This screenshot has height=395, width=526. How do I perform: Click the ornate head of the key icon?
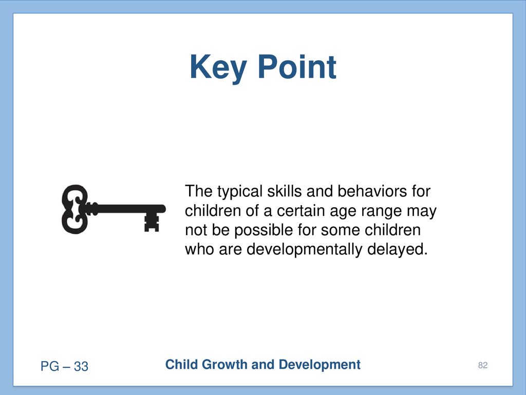75,209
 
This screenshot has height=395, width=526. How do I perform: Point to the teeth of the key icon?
152,222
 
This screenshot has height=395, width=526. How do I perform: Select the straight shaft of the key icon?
127,209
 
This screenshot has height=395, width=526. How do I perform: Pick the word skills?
285,191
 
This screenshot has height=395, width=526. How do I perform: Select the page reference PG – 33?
64,366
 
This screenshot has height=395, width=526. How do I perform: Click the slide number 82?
483,366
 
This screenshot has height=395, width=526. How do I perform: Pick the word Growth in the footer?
224,365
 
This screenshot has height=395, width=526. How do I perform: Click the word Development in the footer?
320,365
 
